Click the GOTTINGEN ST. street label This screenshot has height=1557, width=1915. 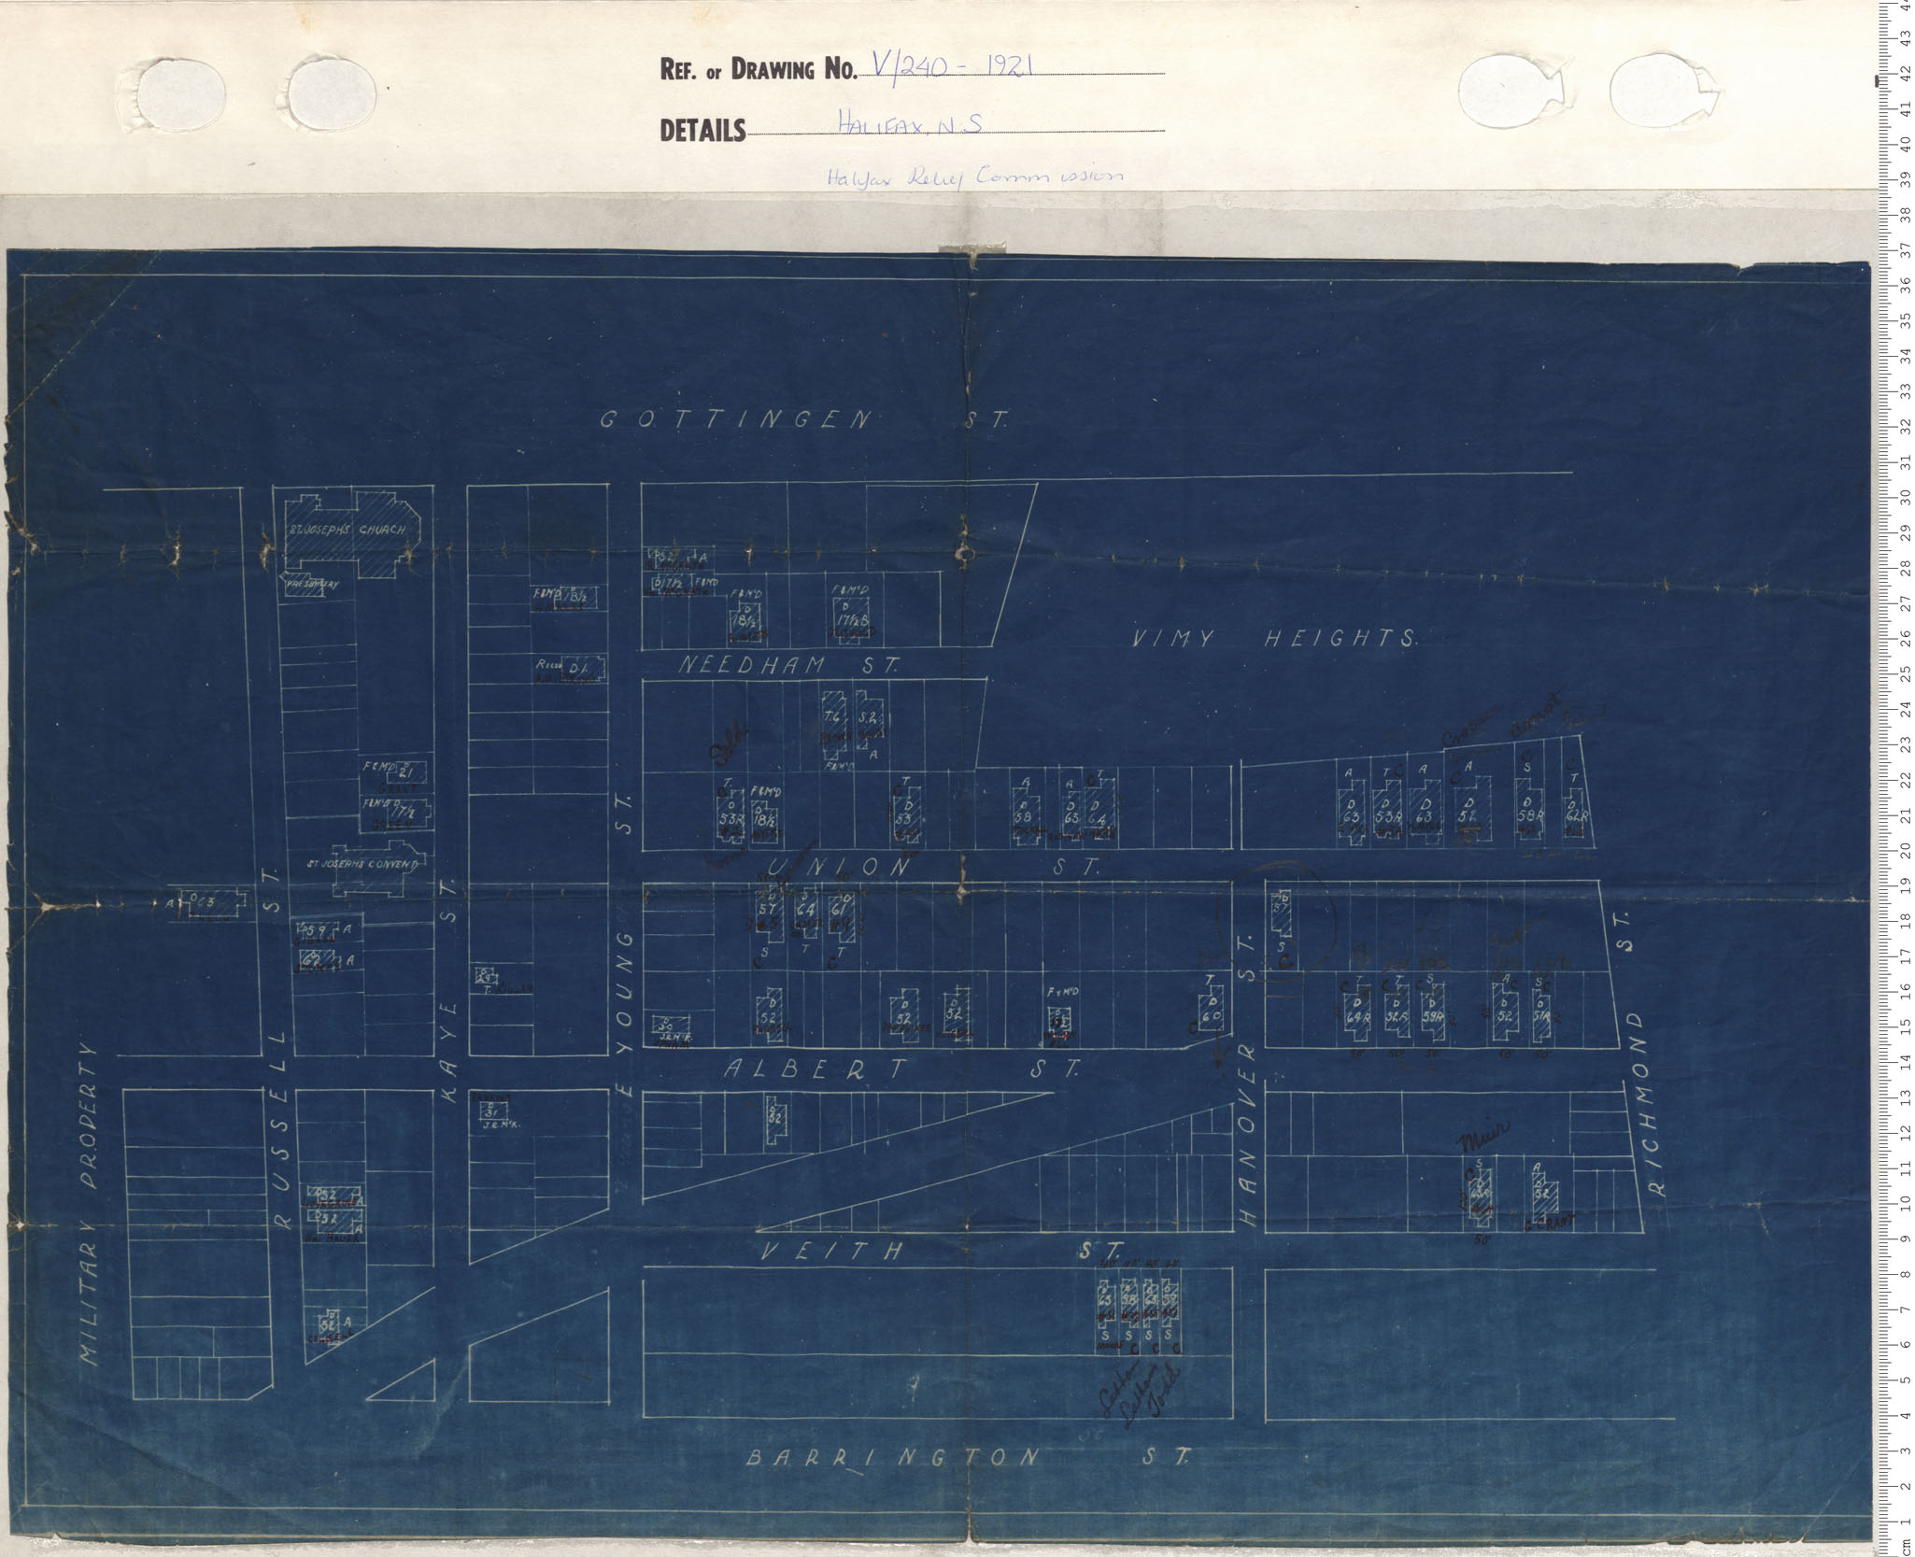(801, 420)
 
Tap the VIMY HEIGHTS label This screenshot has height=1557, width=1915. (1274, 639)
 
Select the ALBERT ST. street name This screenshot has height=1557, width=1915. (901, 1069)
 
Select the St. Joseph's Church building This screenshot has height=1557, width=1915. (350, 531)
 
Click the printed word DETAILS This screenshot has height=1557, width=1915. (702, 130)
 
